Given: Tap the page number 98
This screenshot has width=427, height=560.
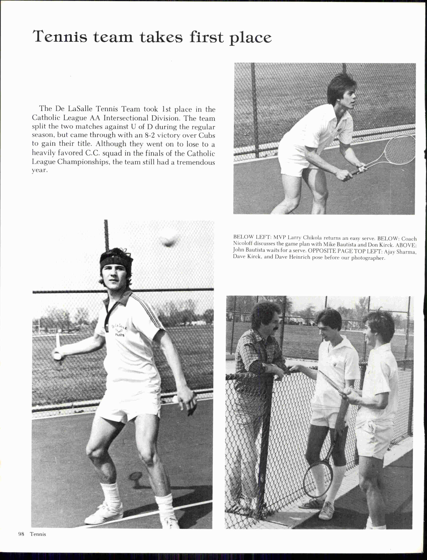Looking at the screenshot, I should tap(21, 534).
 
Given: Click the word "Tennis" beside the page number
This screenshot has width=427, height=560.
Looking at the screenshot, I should tap(38, 534).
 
